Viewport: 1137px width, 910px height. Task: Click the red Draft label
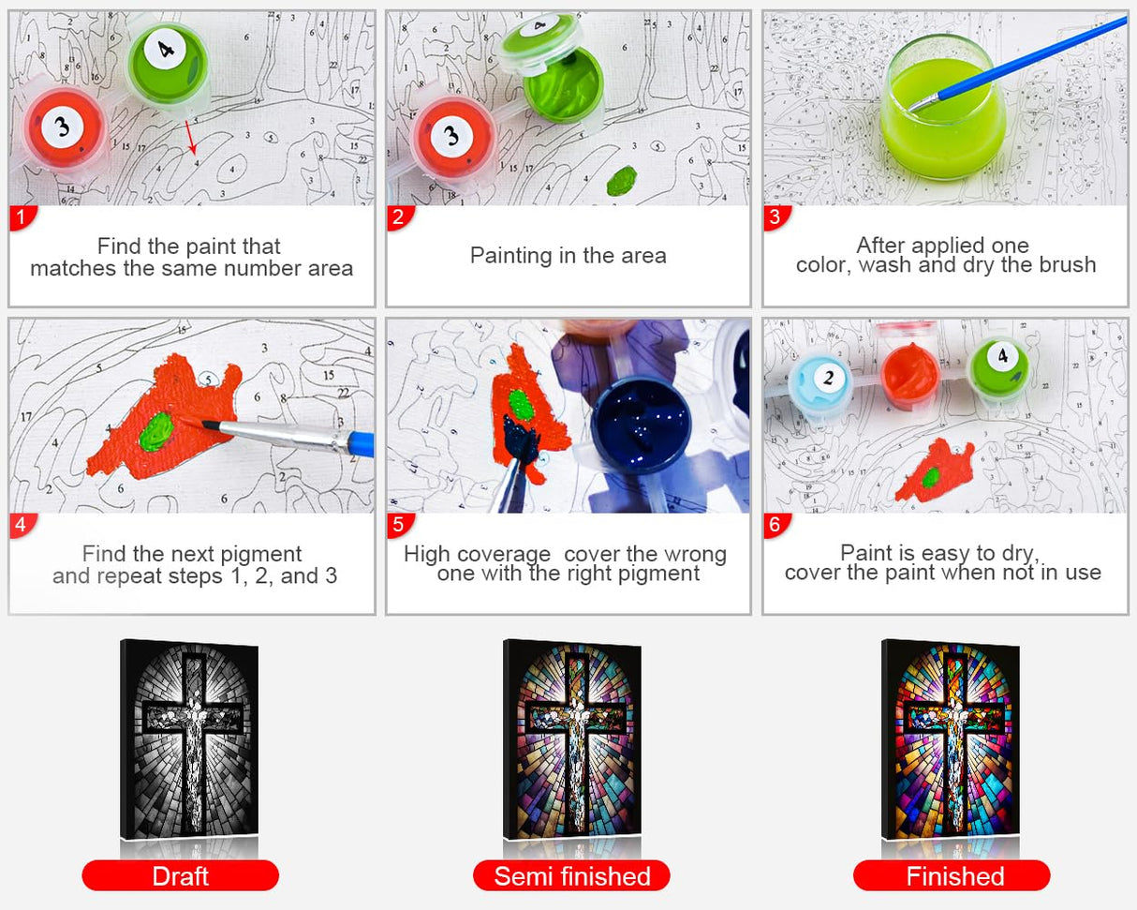pyautogui.click(x=180, y=875)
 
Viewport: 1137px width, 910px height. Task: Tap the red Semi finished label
pyautogui.click(x=571, y=875)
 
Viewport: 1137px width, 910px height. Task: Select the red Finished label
pyautogui.click(x=952, y=875)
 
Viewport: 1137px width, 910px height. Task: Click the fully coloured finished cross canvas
pyautogui.click(x=952, y=740)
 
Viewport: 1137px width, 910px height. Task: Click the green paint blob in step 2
pyautogui.click(x=621, y=180)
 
